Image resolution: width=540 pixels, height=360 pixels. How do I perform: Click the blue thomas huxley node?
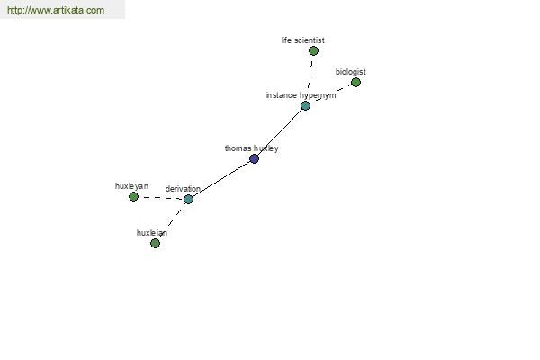click(x=254, y=158)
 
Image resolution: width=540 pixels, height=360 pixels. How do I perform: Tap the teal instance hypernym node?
click(x=305, y=106)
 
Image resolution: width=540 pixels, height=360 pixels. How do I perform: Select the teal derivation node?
click(x=188, y=199)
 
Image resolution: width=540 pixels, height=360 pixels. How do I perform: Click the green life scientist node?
click(x=313, y=51)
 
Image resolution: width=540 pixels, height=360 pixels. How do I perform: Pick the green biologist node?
click(x=355, y=82)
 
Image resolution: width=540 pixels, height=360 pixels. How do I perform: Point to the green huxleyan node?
click(x=133, y=197)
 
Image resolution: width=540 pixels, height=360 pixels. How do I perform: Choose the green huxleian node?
click(x=156, y=244)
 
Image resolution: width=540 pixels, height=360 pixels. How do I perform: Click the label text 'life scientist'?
click(x=303, y=40)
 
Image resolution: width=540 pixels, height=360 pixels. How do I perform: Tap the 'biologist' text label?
click(x=351, y=72)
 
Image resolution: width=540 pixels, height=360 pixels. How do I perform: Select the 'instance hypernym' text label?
click(x=301, y=95)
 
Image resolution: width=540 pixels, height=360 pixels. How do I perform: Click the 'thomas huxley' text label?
click(x=251, y=148)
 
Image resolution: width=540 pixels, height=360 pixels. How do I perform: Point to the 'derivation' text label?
click(x=183, y=189)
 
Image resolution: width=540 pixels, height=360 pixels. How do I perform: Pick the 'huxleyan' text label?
click(x=131, y=186)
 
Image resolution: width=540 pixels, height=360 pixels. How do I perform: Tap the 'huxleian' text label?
click(x=152, y=233)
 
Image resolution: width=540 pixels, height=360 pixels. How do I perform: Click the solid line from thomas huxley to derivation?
click(x=221, y=179)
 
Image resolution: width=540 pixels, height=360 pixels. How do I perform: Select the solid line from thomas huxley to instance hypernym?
click(x=280, y=132)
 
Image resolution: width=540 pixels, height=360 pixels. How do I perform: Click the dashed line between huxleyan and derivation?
click(x=161, y=198)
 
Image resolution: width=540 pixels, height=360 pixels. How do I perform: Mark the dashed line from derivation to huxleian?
click(x=172, y=221)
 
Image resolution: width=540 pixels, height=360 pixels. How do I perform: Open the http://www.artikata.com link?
click(x=56, y=10)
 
